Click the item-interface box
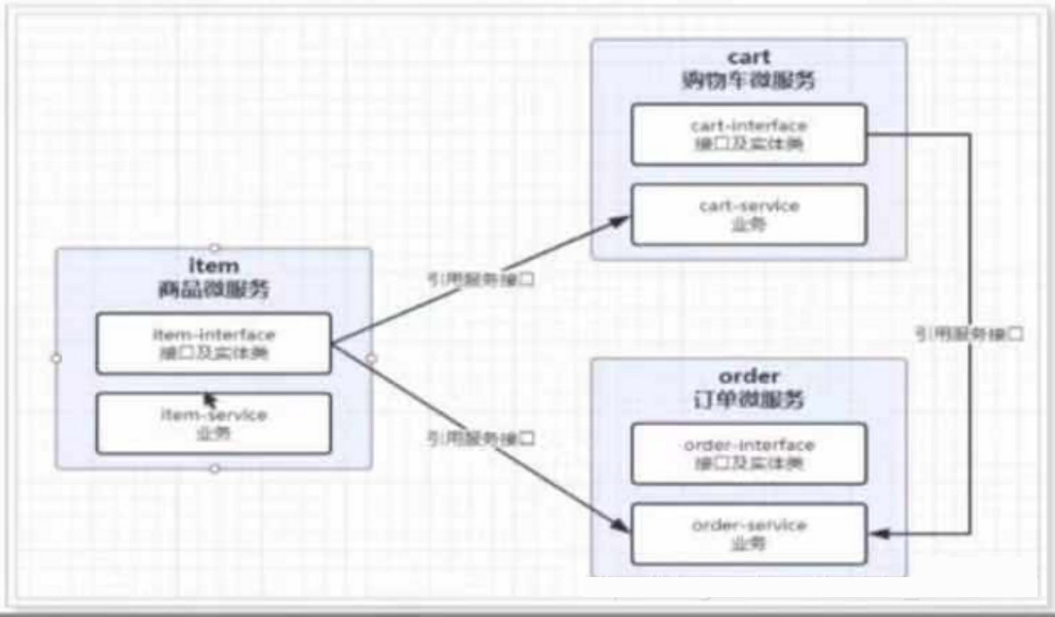(x=213, y=343)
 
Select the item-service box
(x=213, y=424)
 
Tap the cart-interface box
(x=748, y=134)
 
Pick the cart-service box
(x=748, y=214)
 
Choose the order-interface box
(x=748, y=453)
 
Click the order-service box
(x=748, y=533)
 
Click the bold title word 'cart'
(x=749, y=57)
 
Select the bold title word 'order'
(x=749, y=376)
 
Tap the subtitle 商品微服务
(x=213, y=290)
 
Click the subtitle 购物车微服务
(x=749, y=80)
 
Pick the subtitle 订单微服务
(x=749, y=398)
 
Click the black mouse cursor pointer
(x=210, y=399)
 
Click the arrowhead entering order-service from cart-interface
(x=877, y=532)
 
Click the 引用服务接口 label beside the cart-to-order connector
(x=969, y=335)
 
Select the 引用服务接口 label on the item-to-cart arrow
(x=480, y=280)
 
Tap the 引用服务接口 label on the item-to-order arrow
(x=480, y=437)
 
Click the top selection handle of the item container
(x=214, y=248)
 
